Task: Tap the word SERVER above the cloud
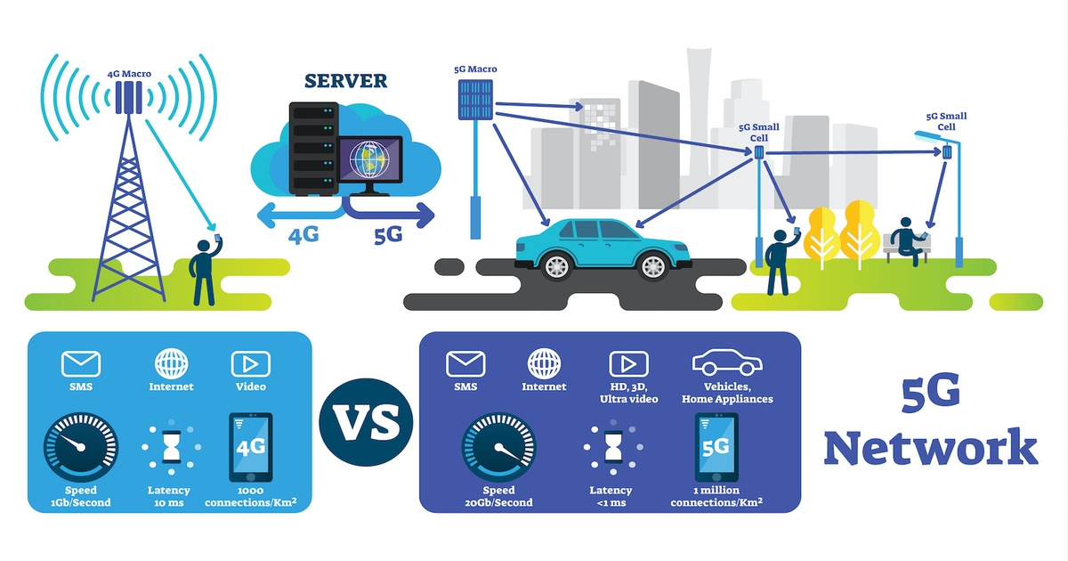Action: pyautogui.click(x=346, y=81)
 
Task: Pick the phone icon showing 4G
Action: pyautogui.click(x=251, y=447)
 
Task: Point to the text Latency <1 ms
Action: pyautogui.click(x=611, y=497)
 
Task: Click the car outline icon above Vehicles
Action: pyautogui.click(x=727, y=364)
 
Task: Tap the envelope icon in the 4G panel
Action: pyautogui.click(x=81, y=363)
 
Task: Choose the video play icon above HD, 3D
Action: pyautogui.click(x=628, y=363)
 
